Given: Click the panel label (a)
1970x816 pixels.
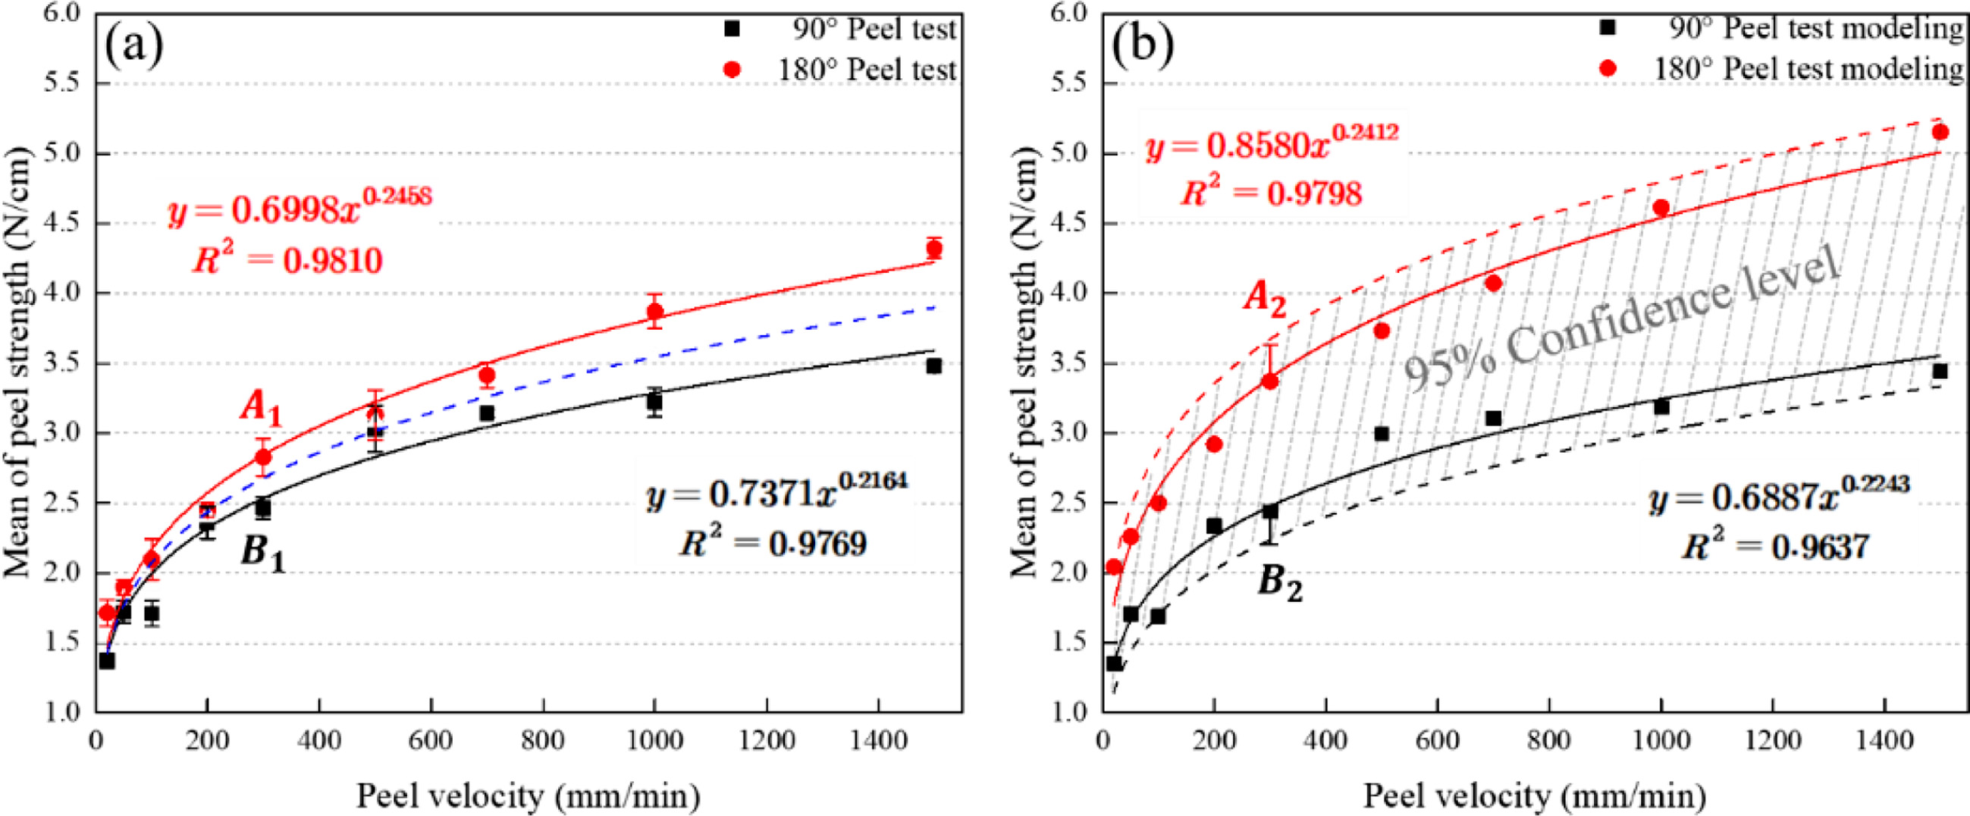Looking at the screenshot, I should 135,48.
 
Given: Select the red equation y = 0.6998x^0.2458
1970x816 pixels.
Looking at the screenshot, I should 300,210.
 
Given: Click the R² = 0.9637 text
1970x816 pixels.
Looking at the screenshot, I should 1774,546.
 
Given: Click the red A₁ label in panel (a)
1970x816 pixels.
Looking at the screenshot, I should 261,410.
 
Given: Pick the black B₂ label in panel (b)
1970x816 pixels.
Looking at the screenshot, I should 1280,585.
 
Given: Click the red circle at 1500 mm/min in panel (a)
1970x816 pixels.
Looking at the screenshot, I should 933,249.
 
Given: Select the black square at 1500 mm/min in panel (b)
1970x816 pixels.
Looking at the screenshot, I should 1940,372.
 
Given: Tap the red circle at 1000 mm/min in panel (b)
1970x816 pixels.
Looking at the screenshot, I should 1661,207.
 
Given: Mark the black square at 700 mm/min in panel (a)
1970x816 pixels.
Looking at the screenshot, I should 486,414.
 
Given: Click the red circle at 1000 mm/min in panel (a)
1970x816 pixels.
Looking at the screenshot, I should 654,311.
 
